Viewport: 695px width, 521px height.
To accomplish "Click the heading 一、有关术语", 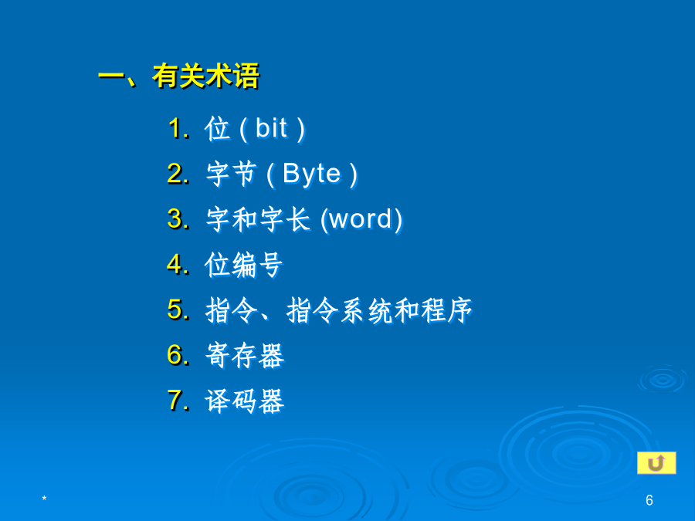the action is click(178, 76).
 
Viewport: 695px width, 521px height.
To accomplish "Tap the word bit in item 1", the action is click(271, 128).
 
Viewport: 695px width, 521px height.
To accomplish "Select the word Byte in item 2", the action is click(312, 174).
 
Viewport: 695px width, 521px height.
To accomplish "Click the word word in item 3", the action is click(361, 219).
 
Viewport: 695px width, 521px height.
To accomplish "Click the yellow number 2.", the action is click(178, 173).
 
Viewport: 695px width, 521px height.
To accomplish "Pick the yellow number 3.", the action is click(178, 219).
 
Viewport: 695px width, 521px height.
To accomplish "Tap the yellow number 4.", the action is click(178, 264).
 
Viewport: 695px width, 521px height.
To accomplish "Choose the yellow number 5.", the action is click(178, 310).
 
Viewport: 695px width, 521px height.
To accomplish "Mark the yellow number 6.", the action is click(178, 355).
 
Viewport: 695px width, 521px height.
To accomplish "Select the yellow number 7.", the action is click(178, 400).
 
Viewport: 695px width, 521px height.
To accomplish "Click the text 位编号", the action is click(243, 265).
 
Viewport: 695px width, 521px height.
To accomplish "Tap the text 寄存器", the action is click(244, 355).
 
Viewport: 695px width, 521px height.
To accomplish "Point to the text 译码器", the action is click(244, 401).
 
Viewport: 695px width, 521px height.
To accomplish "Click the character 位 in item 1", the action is click(218, 129).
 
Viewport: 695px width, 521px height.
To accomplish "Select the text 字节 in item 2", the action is click(232, 174).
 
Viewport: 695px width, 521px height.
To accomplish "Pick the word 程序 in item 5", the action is click(447, 310).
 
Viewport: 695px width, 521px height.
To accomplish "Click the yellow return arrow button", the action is click(656, 463).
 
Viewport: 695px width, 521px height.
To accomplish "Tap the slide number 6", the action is click(649, 500).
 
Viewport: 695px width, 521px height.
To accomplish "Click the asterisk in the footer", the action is click(44, 499).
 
